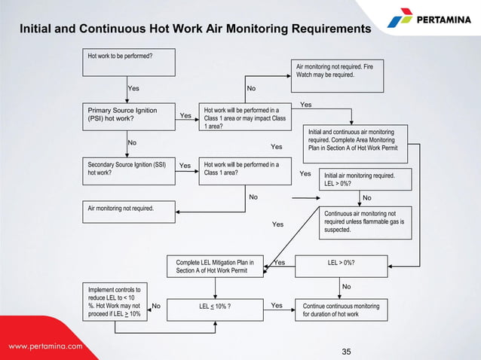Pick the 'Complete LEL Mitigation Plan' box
click(x=215, y=267)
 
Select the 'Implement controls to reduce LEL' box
click(x=114, y=301)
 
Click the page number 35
click(x=347, y=351)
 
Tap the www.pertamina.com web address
click(x=45, y=347)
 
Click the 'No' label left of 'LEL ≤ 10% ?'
click(x=156, y=307)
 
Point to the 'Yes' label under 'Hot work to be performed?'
click(x=133, y=88)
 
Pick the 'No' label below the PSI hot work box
click(x=132, y=142)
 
